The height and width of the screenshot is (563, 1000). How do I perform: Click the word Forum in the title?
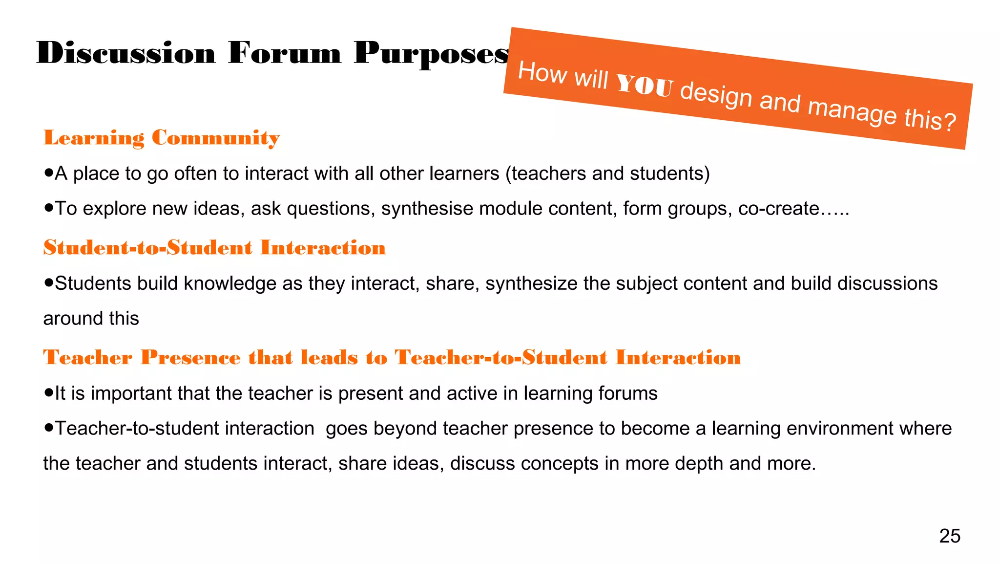coord(284,53)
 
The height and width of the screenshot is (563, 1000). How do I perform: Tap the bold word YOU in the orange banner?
coord(645,85)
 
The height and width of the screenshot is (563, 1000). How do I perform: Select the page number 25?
coord(950,536)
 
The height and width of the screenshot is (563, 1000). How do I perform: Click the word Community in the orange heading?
coord(215,138)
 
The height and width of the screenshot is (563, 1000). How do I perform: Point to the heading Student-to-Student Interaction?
coord(214,248)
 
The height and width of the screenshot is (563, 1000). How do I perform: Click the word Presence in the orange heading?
coord(190,358)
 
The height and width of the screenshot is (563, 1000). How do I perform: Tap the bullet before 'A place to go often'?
coord(48,173)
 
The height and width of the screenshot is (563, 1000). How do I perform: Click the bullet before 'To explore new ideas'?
coord(48,208)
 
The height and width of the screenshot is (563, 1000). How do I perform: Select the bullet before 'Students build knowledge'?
coord(48,282)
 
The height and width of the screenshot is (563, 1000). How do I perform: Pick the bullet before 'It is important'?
coord(48,392)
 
